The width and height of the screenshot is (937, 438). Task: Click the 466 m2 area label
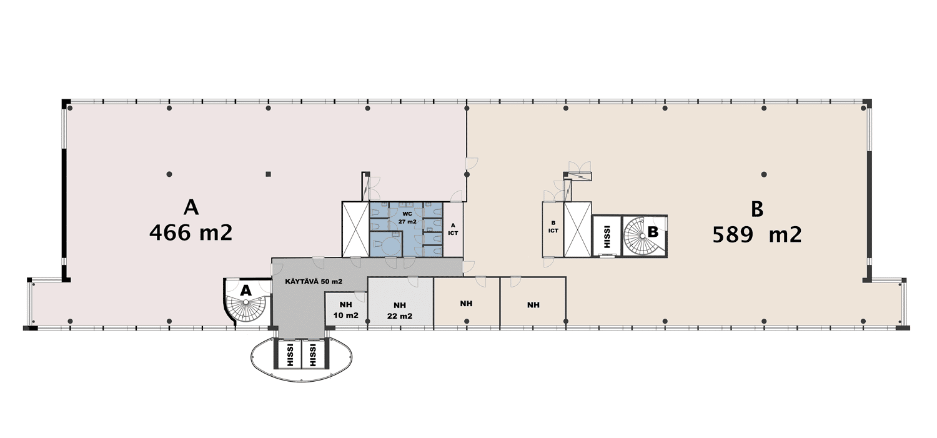click(191, 232)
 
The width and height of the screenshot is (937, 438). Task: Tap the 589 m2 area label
click(757, 235)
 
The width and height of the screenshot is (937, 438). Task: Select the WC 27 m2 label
click(407, 217)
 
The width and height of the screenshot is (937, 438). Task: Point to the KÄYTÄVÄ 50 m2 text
click(314, 282)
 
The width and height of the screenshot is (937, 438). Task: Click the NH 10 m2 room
click(346, 309)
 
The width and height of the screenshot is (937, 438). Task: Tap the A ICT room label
click(453, 229)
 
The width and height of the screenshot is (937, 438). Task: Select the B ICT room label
click(553, 227)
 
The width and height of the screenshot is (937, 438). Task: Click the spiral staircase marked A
click(246, 301)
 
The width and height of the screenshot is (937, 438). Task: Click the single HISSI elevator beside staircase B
click(607, 236)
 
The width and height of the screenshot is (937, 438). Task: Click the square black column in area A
click(269, 174)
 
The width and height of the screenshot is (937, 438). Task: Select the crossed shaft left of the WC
click(355, 229)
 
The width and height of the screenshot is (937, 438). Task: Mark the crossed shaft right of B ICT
click(577, 229)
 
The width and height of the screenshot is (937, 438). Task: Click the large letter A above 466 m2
click(191, 207)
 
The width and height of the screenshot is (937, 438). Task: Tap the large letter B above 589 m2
click(756, 209)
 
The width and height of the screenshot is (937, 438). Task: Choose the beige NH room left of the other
click(467, 301)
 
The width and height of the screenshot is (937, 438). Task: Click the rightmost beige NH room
click(533, 301)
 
